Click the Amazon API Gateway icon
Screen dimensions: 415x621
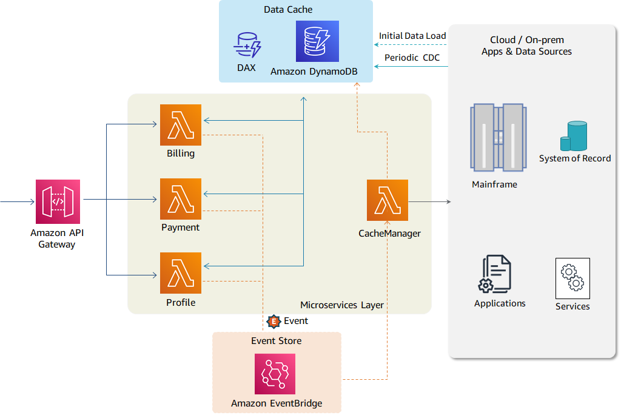(x=58, y=201)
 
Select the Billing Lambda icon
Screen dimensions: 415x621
(x=181, y=125)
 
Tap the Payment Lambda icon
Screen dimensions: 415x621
(x=181, y=199)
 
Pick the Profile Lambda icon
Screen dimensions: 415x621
(x=181, y=273)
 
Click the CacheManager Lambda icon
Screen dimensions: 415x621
(x=388, y=200)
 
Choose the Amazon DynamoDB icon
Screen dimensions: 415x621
(x=317, y=41)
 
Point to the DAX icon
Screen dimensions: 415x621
(x=247, y=46)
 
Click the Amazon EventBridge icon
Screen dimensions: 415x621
(x=275, y=374)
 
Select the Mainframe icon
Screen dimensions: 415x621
(x=497, y=137)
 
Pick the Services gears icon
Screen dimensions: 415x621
(x=572, y=278)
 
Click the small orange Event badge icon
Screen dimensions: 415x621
(x=274, y=321)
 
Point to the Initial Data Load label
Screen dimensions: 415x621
(x=412, y=36)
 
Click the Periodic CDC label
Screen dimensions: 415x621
(x=412, y=58)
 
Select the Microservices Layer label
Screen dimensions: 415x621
(x=342, y=305)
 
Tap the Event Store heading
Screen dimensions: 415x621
(x=276, y=341)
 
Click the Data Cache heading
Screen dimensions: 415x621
(x=289, y=10)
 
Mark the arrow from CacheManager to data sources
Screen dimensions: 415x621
(x=429, y=201)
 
